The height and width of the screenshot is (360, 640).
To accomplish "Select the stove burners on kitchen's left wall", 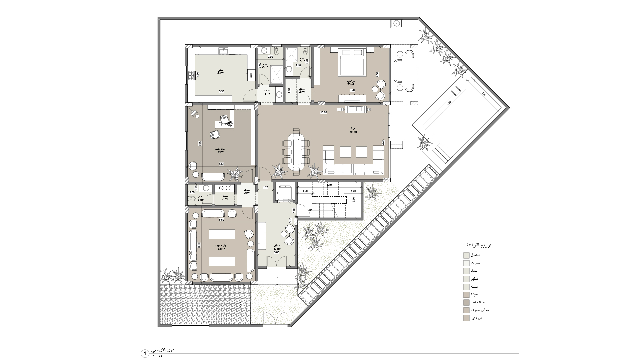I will click(191, 76).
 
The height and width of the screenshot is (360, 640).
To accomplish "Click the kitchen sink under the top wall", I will click(223, 50).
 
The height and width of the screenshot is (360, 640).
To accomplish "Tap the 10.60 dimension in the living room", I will click(323, 113).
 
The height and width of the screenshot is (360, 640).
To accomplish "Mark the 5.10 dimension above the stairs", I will click(329, 185).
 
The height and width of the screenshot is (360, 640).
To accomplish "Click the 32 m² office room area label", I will click(220, 150).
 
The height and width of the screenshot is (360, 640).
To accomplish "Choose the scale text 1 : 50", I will click(157, 356).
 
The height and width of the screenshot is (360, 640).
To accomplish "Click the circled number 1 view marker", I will click(145, 353).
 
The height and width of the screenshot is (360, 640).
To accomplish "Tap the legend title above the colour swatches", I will click(477, 245).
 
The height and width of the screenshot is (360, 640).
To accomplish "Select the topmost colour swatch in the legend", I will click(466, 255).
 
